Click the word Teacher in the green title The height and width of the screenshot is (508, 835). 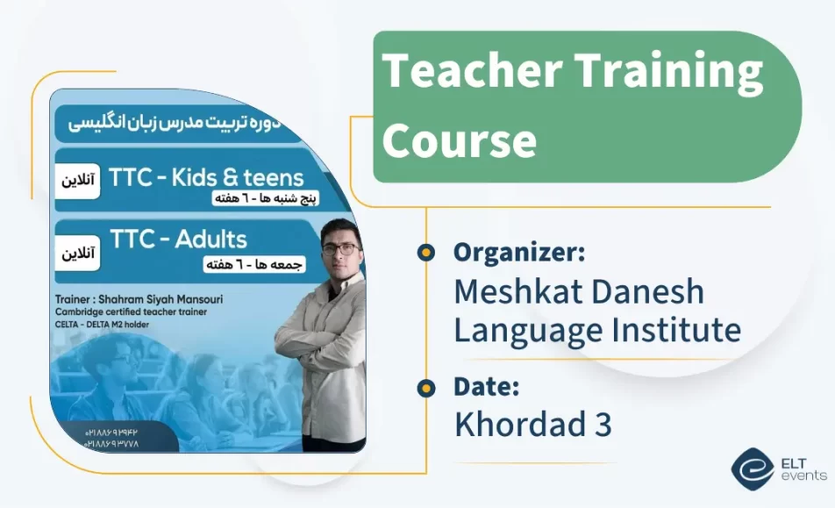pos(466,71)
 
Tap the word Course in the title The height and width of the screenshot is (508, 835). pos(459,140)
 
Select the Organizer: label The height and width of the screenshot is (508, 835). pos(519,253)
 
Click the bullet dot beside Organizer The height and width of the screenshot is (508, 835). pos(426,253)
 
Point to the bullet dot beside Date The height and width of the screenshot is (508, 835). pos(426,386)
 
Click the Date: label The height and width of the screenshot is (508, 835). pos(487,386)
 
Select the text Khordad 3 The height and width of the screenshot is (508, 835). pos(532,424)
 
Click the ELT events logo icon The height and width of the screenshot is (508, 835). pos(753,469)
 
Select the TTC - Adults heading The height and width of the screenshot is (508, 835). pos(178,239)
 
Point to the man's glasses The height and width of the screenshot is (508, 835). pos(339,248)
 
